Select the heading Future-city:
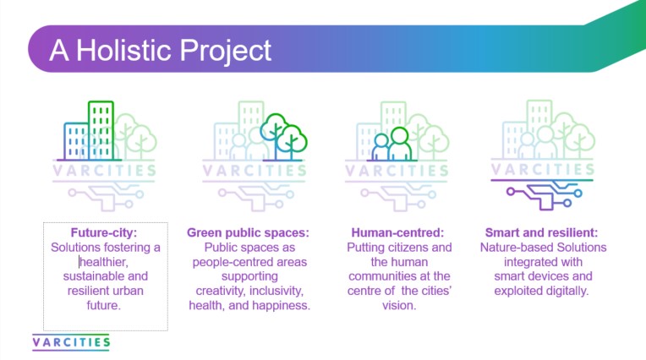click(105, 232)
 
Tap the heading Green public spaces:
click(249, 232)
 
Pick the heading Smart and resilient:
click(542, 232)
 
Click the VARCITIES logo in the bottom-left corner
click(71, 342)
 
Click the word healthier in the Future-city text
click(106, 261)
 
